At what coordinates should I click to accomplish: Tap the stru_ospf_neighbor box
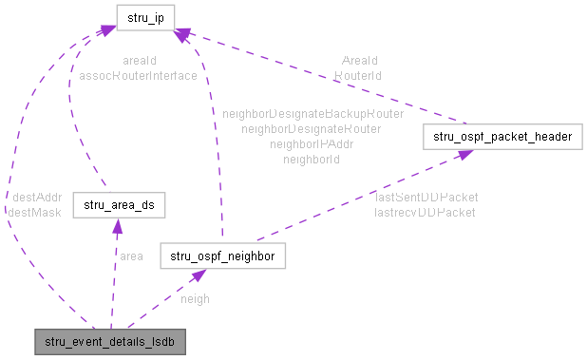[x=222, y=256]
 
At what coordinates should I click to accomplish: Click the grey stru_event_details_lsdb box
[x=107, y=339]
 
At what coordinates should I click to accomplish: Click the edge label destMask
[x=34, y=212]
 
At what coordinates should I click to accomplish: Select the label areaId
[x=140, y=60]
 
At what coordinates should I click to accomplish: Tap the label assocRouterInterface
[x=140, y=75]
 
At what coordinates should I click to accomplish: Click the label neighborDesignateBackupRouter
[x=312, y=113]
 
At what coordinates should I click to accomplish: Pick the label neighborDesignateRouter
[x=312, y=128]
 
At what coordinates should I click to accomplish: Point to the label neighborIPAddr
[x=312, y=144]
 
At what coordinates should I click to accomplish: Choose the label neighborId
[x=312, y=160]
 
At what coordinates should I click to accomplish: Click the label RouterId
[x=357, y=74]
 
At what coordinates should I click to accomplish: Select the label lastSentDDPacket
[x=426, y=197]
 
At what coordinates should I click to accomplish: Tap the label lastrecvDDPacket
[x=425, y=212]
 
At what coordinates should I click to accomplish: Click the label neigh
[x=195, y=298]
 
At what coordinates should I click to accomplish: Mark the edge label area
[x=131, y=256]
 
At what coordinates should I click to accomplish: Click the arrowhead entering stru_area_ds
[x=116, y=224]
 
